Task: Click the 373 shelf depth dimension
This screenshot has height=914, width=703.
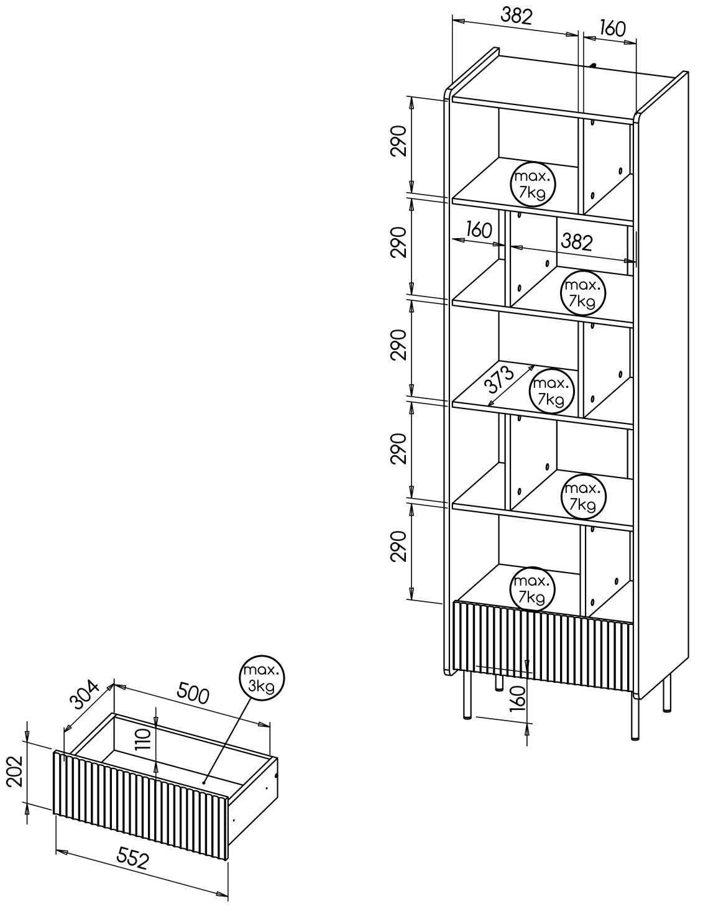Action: pyautogui.click(x=499, y=379)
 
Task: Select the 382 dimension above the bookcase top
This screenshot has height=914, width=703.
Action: pyautogui.click(x=517, y=16)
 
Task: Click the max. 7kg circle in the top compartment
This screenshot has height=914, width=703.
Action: pyautogui.click(x=533, y=183)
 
